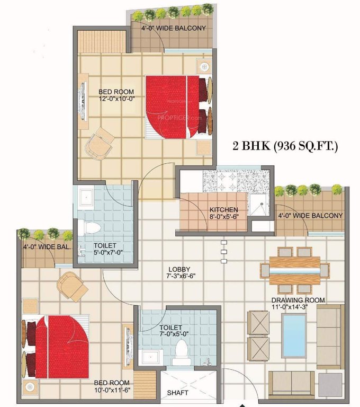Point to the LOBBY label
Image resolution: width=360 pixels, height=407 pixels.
[x=177, y=269]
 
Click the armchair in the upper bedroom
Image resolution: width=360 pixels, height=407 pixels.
[x=99, y=143]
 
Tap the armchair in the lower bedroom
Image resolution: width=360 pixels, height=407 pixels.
[x=73, y=286]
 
